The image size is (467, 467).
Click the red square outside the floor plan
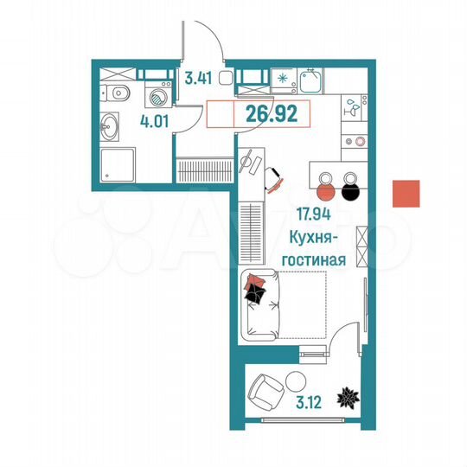coord(406,194)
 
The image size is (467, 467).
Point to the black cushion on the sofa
coord(255,294)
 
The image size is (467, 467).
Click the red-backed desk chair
coord(274,177)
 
